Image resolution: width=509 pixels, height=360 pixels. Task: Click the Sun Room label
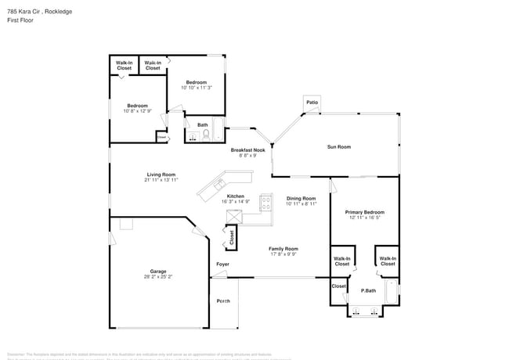[x=338, y=147]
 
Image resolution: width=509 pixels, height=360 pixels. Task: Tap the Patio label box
[x=312, y=103]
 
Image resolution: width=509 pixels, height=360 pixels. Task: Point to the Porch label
[x=223, y=301]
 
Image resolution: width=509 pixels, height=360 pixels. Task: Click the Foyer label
[x=222, y=265]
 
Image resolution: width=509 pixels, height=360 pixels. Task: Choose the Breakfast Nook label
[x=247, y=150]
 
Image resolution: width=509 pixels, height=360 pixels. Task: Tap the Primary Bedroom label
[x=365, y=212]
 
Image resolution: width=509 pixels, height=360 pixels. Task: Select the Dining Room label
[x=301, y=199]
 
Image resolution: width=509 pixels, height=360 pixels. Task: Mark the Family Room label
[x=283, y=249]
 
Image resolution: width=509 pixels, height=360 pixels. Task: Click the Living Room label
[x=161, y=175]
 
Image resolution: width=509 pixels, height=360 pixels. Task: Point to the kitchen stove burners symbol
[x=265, y=204]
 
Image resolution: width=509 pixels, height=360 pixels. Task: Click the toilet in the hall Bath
[x=206, y=135]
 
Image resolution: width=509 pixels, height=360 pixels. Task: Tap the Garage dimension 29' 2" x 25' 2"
[x=158, y=277]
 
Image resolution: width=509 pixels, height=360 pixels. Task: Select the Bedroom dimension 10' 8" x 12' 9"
[x=138, y=111]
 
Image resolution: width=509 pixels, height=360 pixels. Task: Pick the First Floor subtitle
[x=20, y=20]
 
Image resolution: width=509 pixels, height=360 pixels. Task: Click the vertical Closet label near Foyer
[x=232, y=238]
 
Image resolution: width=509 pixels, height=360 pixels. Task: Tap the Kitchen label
[x=236, y=196]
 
